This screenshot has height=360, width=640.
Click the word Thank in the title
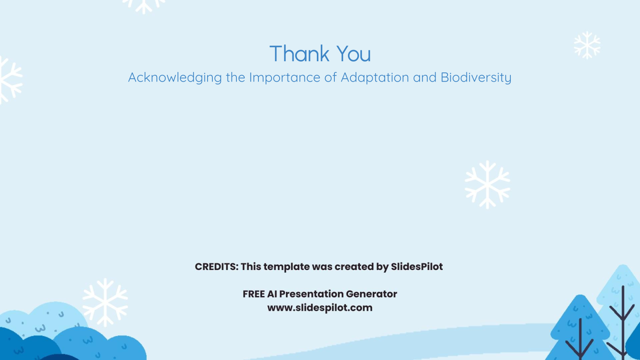coord(299,54)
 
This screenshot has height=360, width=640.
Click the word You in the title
coord(353,54)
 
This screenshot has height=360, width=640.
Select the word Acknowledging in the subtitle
coord(175,78)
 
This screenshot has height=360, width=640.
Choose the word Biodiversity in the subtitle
coord(476,78)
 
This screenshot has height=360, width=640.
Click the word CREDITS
coord(216,267)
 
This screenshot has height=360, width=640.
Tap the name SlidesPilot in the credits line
coord(417,267)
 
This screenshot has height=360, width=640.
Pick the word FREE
coord(254,294)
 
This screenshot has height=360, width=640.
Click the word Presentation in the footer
coord(311,294)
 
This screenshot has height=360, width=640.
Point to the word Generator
coord(371,294)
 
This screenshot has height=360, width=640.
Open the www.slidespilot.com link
coord(320,308)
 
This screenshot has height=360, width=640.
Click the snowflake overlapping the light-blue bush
coord(105,302)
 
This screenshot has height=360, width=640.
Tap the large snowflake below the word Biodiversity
coord(487,184)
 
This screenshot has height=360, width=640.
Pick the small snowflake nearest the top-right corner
coord(587,45)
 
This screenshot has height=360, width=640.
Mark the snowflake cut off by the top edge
coord(144,5)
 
